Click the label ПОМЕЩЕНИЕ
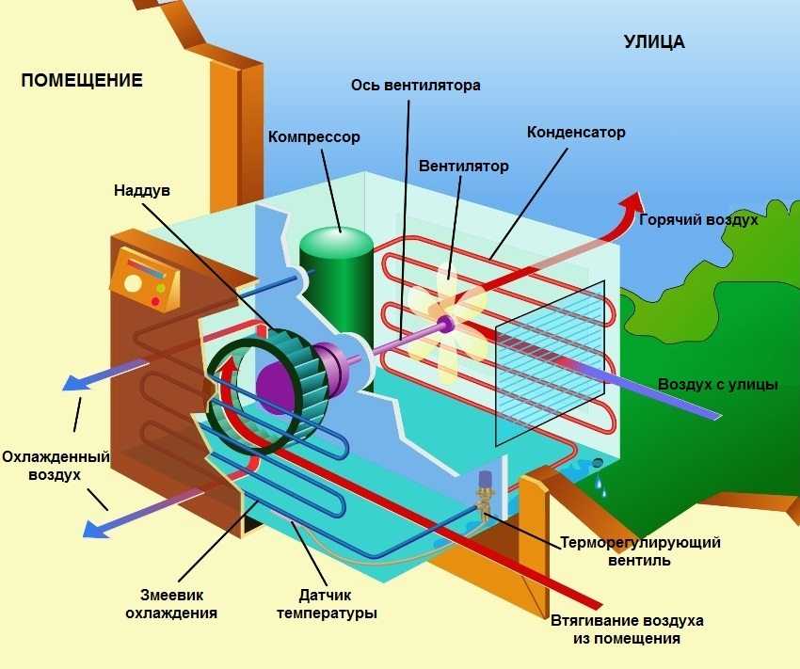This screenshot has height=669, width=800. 82,80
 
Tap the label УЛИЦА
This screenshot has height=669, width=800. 653,41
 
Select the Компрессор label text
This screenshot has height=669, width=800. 313,137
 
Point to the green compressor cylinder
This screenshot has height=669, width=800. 336,282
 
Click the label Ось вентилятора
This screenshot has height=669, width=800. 416,85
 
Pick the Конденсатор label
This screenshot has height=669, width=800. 576,132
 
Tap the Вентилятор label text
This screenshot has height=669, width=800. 463,167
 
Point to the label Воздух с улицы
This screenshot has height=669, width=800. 717,384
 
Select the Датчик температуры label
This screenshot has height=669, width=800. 326,604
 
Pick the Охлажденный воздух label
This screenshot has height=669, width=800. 55,466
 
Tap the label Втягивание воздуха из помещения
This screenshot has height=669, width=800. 626,630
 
